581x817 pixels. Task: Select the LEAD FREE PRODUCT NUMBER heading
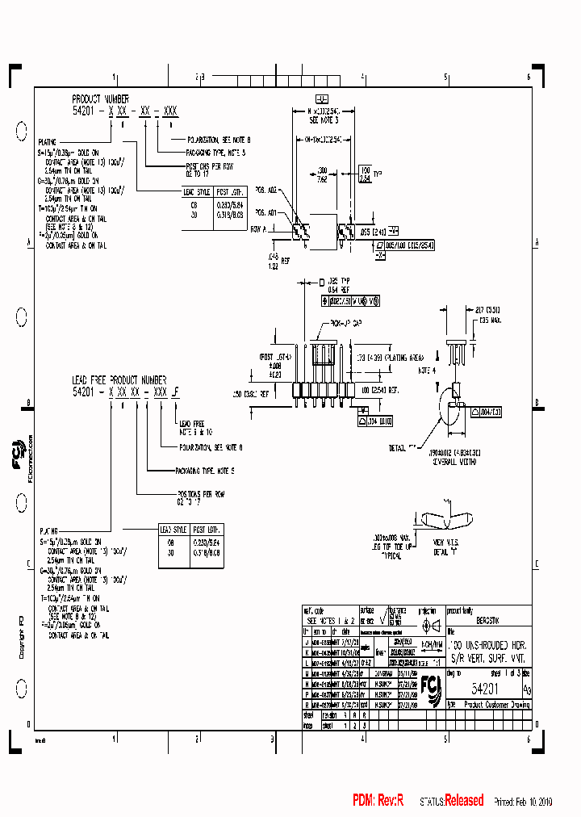(x=119, y=379)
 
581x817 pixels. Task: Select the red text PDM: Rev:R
(x=377, y=800)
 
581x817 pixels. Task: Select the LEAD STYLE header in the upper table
(x=197, y=192)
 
